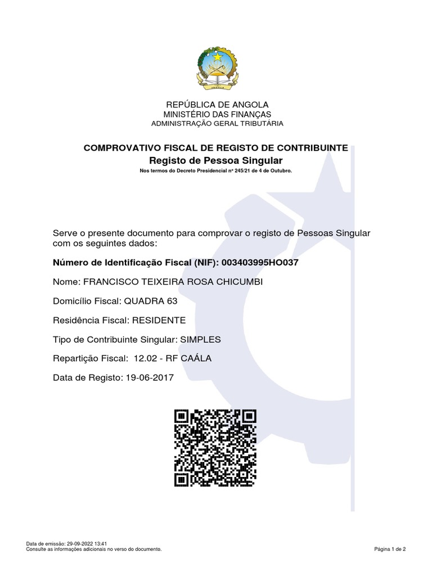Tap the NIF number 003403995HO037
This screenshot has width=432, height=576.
pos(260,262)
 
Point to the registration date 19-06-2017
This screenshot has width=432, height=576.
pos(148,378)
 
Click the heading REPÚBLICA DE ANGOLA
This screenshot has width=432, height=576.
pos(216,105)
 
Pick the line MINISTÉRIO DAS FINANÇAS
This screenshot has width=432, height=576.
pos(216,114)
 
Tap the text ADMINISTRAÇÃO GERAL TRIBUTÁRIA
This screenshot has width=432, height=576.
pos(216,123)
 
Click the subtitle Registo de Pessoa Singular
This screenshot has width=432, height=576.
pos(216,160)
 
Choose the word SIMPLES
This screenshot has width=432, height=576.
pos(200,339)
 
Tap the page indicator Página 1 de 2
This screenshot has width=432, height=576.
pos(390,549)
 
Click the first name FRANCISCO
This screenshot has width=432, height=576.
pos(110,281)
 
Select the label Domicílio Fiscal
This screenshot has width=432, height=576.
pos(83,301)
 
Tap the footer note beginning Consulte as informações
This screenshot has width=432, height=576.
pos(94,549)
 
